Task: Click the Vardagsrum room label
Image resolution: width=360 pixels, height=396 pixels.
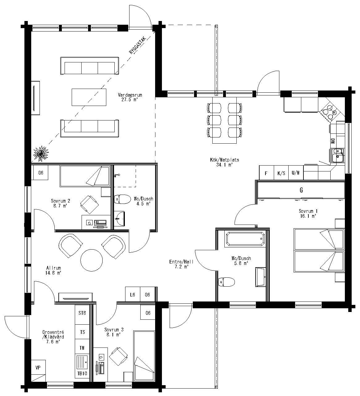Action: point(128,97)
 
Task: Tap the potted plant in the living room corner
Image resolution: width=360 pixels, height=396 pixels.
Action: point(41,153)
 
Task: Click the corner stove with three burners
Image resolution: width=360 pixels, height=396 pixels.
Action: point(328,111)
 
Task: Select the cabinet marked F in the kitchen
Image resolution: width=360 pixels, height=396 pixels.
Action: point(266,173)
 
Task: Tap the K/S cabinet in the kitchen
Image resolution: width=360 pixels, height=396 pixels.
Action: point(281,173)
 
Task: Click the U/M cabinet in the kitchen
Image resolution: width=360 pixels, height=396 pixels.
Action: point(296,173)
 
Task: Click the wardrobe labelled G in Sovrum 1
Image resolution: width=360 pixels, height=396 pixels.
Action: point(301,190)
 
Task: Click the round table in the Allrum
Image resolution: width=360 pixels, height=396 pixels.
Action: point(91,260)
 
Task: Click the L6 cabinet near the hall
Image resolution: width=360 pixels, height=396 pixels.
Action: point(133,295)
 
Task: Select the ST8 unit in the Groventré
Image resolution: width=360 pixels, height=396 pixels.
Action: point(82,313)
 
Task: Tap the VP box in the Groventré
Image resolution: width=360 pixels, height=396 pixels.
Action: point(38,368)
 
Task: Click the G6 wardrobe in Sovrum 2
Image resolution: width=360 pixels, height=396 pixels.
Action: point(41,173)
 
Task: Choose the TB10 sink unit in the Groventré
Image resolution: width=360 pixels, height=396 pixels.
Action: point(82,373)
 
